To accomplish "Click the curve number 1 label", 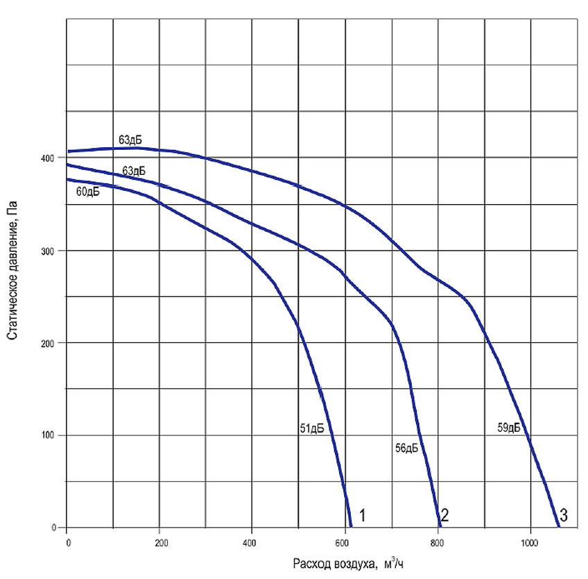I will [362, 516].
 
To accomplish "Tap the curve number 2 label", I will [445, 516].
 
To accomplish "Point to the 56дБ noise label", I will [406, 448].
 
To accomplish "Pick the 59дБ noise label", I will [510, 428].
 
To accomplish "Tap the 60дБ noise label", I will [87, 192].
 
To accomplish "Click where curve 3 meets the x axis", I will [559, 527].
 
